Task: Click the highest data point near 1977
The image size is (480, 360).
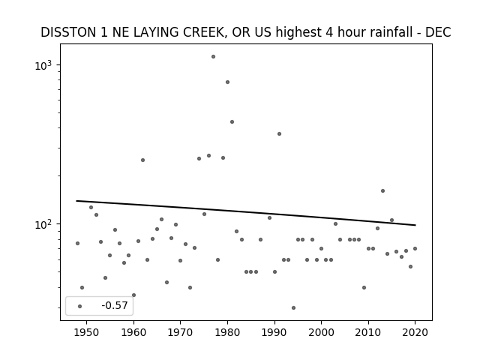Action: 213,57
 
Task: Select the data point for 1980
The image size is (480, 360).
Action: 227,82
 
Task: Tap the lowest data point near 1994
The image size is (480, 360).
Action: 293,307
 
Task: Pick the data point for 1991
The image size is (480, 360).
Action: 279,133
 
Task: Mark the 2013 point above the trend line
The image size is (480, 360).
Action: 382,190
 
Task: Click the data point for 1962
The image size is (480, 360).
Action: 142,160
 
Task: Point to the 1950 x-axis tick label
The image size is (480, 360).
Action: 87,332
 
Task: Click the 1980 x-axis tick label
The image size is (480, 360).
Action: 227,332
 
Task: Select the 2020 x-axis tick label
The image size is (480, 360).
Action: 415,332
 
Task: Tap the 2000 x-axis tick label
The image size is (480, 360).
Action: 321,332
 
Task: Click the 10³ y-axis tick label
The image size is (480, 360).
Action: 43,66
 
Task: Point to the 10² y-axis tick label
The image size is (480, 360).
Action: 43,225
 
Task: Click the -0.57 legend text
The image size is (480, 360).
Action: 115,305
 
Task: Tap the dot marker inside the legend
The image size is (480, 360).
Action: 80,306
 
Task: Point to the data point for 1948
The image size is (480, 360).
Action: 77,243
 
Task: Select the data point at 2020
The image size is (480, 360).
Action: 415,248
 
